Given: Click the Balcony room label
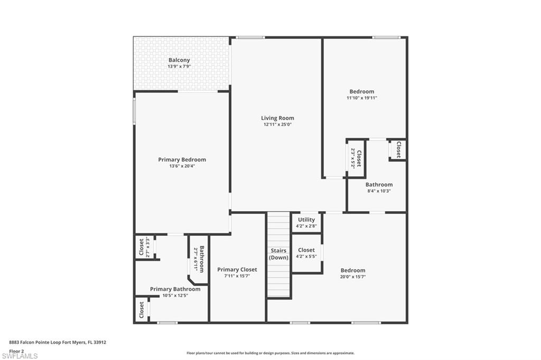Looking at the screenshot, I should (x=179, y=60).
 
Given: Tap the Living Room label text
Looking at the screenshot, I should (x=277, y=118).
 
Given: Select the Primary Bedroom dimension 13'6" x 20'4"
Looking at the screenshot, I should (x=182, y=166).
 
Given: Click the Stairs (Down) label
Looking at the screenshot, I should (x=278, y=254).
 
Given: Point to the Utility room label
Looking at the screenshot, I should (x=306, y=220).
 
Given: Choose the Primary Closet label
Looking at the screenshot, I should (x=237, y=270).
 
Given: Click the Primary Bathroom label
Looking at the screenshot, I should (x=175, y=289).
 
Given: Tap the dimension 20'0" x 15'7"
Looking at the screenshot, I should (x=352, y=277).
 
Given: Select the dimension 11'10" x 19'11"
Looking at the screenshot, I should (x=361, y=98).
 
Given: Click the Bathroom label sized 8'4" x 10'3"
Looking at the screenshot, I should (x=379, y=185).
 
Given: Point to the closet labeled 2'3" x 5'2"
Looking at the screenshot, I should (x=356, y=158).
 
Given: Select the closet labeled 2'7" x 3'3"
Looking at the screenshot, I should (x=144, y=247).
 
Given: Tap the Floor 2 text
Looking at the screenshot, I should (x=16, y=350).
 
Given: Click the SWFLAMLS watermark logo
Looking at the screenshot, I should (x=20, y=356).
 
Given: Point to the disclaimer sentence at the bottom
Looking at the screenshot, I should (x=270, y=353).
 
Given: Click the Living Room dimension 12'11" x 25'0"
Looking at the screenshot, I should (x=277, y=125).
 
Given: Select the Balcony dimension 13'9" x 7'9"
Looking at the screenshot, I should (x=179, y=67).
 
